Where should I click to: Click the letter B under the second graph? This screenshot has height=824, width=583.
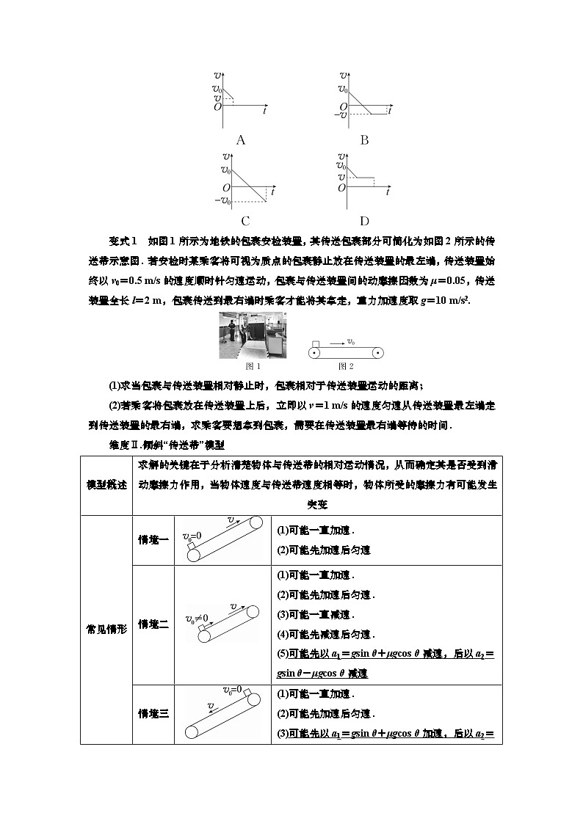364,140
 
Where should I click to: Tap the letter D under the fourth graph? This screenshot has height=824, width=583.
364,220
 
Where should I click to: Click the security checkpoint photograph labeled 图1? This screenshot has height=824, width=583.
252,337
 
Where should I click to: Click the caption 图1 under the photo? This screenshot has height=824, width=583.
252,366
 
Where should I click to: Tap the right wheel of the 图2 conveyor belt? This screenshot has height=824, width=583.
377,353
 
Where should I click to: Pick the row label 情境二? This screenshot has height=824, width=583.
153,624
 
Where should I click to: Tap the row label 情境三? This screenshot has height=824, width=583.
153,713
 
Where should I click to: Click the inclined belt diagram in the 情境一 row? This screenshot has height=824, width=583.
224,540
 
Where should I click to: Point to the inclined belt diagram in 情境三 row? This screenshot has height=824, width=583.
224,713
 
